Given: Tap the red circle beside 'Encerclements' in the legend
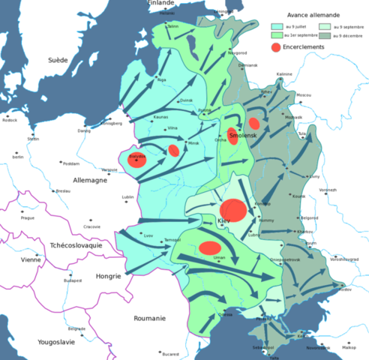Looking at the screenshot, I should [275, 46].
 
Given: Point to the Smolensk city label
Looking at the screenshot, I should [244, 136].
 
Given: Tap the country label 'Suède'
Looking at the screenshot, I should [57, 60].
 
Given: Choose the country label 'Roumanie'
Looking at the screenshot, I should [149, 318].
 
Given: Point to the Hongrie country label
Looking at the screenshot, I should [109, 276].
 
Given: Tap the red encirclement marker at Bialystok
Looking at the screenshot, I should [138, 159].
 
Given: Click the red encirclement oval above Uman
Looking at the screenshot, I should [210, 247].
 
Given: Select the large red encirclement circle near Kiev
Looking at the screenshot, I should [232, 210].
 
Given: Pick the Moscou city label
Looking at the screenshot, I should [304, 96].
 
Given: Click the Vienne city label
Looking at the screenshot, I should [31, 259].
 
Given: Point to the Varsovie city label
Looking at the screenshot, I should [109, 170].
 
